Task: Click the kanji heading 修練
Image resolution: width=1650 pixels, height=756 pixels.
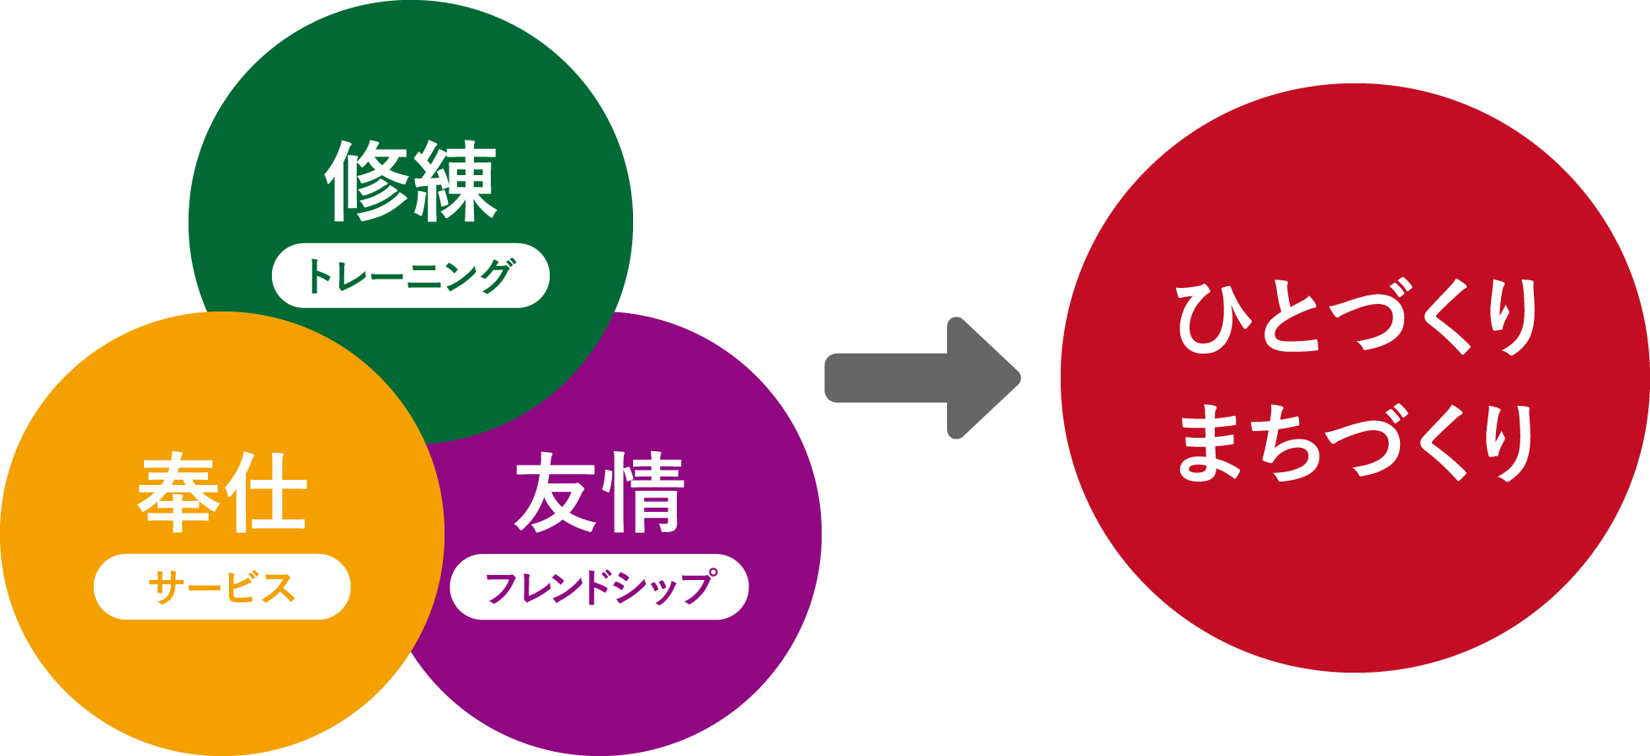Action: pyautogui.click(x=411, y=181)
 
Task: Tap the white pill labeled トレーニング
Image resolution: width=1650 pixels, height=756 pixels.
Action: pyautogui.click(x=411, y=275)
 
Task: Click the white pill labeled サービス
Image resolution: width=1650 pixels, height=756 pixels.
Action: pyautogui.click(x=222, y=587)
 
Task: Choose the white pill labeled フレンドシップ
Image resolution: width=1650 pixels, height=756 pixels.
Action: pyautogui.click(x=599, y=587)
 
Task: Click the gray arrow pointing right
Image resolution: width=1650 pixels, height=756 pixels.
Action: pyautogui.click(x=923, y=378)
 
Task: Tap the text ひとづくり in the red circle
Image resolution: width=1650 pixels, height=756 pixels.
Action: pyautogui.click(x=1357, y=318)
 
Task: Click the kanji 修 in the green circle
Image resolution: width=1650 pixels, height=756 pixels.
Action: pyautogui.click(x=367, y=181)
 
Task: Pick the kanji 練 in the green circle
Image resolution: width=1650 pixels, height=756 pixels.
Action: pyautogui.click(x=455, y=181)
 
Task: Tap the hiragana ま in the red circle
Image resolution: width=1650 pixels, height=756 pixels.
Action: pyautogui.click(x=1211, y=443)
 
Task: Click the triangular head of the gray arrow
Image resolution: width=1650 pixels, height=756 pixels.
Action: pyautogui.click(x=984, y=378)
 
